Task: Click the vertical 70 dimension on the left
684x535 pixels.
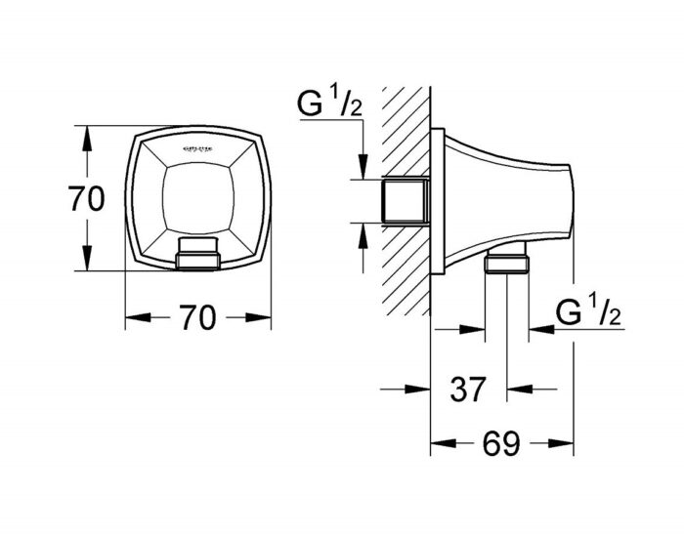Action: (87, 199)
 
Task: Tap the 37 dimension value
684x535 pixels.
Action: (468, 391)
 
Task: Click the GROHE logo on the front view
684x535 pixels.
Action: (198, 147)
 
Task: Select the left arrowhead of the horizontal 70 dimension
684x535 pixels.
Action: (134, 318)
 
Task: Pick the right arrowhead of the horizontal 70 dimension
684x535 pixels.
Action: (262, 318)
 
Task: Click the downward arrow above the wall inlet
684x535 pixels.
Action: (363, 169)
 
